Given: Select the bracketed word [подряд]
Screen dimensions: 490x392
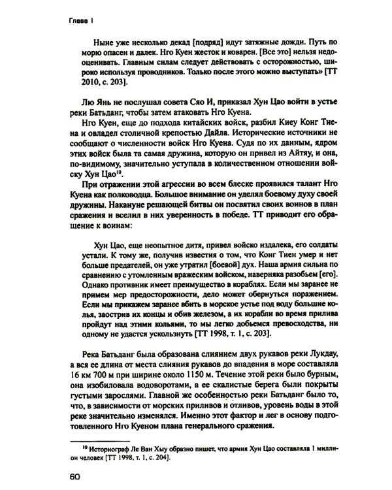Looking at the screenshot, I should (184, 44).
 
